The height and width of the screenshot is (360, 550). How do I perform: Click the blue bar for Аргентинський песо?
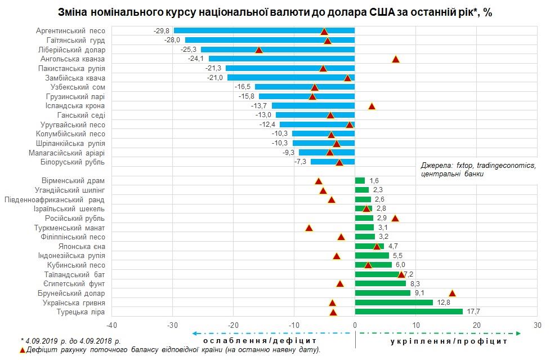pos(264,30)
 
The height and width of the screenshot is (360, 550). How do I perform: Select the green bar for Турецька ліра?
pos(409,312)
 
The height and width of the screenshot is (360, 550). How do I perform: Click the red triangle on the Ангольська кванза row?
pos(395,59)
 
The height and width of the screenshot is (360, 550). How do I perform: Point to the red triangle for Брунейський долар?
pos(452,293)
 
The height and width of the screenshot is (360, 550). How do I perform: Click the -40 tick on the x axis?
pos(112,325)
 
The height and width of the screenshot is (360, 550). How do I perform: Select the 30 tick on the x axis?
pos(538,325)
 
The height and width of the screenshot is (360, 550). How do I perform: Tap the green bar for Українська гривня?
pos(394,303)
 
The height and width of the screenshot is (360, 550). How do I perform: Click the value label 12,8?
pos(443,303)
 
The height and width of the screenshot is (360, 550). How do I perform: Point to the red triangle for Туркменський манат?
pos(308,228)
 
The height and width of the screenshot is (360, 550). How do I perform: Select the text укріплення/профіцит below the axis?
pos(449,341)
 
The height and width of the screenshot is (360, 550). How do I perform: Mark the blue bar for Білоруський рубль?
pos(333,162)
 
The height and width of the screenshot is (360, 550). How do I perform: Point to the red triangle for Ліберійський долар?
pos(259,50)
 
